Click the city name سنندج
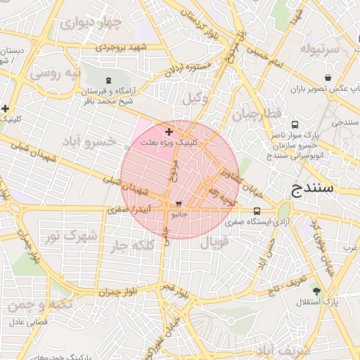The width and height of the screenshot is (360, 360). pyautogui.click(x=316, y=188)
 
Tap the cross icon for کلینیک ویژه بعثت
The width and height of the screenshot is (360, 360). pyautogui.click(x=168, y=131)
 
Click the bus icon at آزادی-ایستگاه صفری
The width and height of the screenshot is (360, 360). pyautogui.click(x=257, y=210)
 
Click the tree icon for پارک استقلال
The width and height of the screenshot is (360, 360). pyautogui.click(x=317, y=290)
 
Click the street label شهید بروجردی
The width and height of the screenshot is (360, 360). pyautogui.click(x=121, y=47)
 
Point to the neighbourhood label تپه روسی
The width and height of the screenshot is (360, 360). pyautogui.click(x=55, y=73)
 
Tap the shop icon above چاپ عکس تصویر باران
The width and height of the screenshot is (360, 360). pyautogui.click(x=328, y=77)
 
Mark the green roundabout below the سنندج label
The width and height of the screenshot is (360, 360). pyautogui.click(x=284, y=210)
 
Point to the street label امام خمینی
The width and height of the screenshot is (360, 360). pyautogui.click(x=267, y=56)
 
